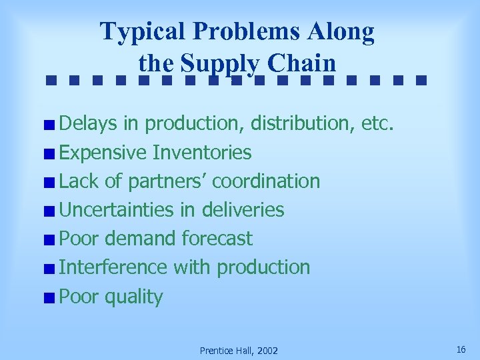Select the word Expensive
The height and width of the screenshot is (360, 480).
103,153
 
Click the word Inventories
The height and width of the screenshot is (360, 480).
202,153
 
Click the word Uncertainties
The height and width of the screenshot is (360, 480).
117,210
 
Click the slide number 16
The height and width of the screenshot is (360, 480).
461,349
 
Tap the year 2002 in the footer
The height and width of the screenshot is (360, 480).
265,351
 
